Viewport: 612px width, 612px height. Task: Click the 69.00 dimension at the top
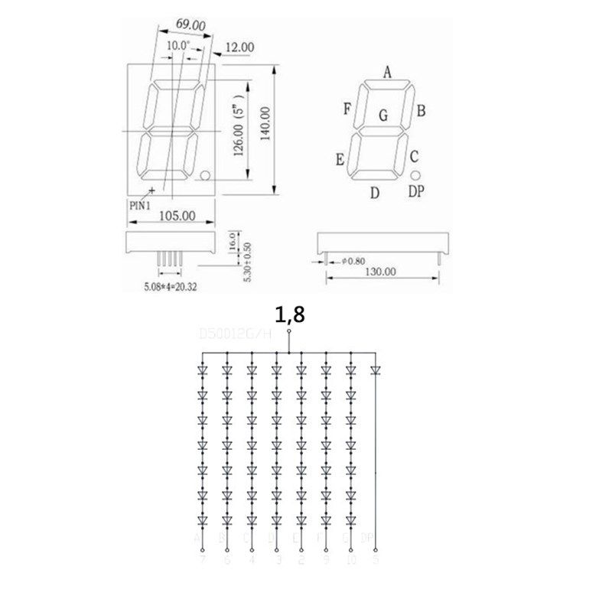[x=190, y=24]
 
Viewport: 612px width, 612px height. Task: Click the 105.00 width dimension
[x=177, y=216]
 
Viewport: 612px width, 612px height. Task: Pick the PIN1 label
[x=140, y=204]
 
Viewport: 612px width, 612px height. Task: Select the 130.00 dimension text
[x=380, y=271]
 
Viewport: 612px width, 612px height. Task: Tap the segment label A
[x=387, y=73]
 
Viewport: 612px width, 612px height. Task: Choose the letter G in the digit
[x=383, y=116]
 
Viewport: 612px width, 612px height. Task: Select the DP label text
[x=415, y=192]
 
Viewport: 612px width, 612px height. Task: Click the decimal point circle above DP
[x=415, y=175]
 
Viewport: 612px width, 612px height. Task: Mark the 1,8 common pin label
[x=289, y=314]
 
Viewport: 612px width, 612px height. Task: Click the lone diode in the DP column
[x=375, y=370]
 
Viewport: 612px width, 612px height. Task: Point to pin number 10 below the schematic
[x=350, y=560]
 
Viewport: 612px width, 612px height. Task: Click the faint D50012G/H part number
[x=233, y=334]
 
